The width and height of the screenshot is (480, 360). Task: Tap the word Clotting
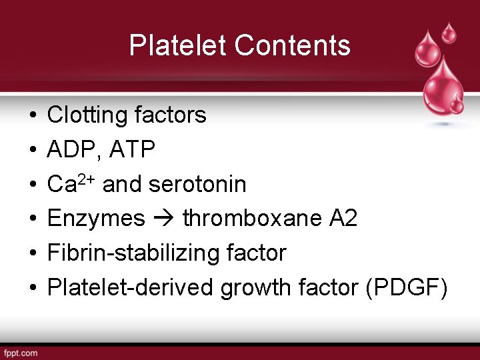pyautogui.click(x=87, y=115)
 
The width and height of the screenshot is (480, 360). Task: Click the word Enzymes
pyautogui.click(x=96, y=219)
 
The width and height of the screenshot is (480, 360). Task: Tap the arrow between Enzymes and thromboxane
pyautogui.click(x=164, y=219)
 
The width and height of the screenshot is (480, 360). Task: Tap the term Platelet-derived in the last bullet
pyautogui.click(x=130, y=288)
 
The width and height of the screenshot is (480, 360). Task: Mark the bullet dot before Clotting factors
pyautogui.click(x=33, y=116)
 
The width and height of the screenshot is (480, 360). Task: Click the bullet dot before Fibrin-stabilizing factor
pyautogui.click(x=33, y=254)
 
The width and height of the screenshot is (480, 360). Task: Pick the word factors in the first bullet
pyautogui.click(x=170, y=115)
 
